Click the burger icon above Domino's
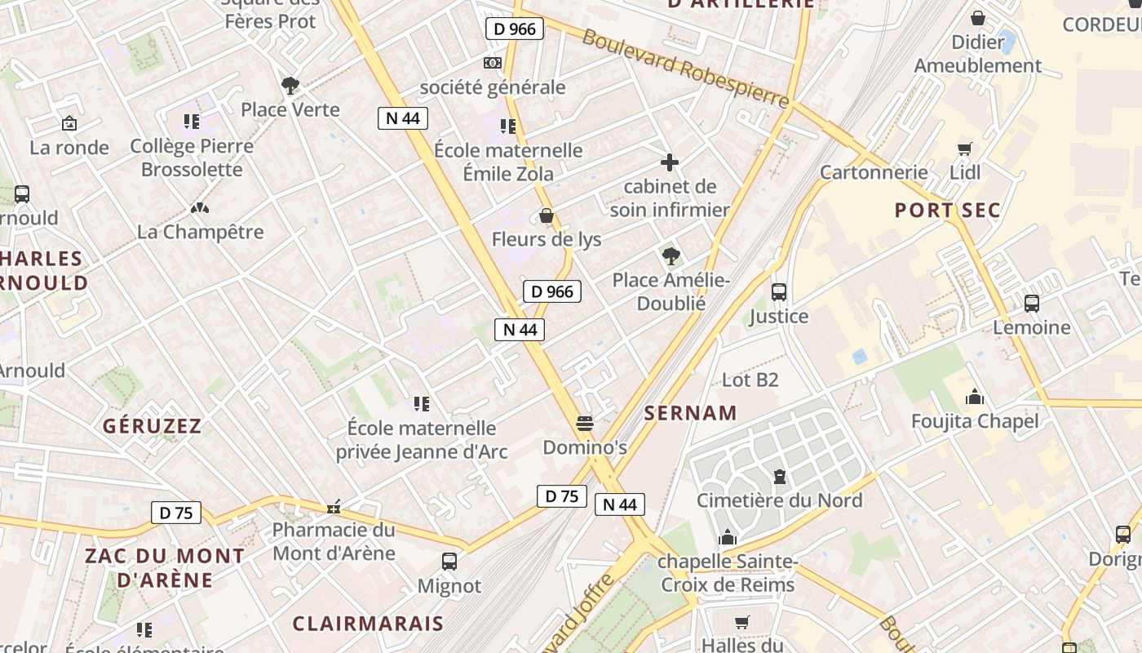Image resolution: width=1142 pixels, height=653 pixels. (584, 424)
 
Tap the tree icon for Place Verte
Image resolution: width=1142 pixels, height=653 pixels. (290, 85)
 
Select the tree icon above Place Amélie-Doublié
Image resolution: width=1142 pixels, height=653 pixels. (671, 256)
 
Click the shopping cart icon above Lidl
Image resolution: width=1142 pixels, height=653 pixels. (965, 149)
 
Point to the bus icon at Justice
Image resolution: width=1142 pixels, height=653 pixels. (779, 292)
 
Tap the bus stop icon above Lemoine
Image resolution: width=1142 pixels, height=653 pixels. (1032, 304)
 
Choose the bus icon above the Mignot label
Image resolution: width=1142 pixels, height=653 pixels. (449, 562)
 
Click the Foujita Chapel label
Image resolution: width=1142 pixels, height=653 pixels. (975, 421)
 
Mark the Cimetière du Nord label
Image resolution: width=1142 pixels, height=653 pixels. (779, 500)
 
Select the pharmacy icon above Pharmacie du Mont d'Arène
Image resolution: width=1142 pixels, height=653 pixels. (334, 507)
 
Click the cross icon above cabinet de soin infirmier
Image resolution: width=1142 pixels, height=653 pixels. (670, 162)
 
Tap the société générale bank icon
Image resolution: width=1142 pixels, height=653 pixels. (492, 63)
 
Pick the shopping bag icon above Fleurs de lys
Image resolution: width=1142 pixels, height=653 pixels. (547, 215)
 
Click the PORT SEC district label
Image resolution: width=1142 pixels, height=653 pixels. (947, 211)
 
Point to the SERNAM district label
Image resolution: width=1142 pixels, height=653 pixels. (690, 413)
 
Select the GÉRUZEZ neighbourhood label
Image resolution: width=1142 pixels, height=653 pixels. (152, 426)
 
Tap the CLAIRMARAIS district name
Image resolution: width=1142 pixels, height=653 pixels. (368, 624)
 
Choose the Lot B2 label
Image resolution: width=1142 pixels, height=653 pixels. (750, 380)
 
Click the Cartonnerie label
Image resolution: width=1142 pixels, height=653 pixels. (874, 172)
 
